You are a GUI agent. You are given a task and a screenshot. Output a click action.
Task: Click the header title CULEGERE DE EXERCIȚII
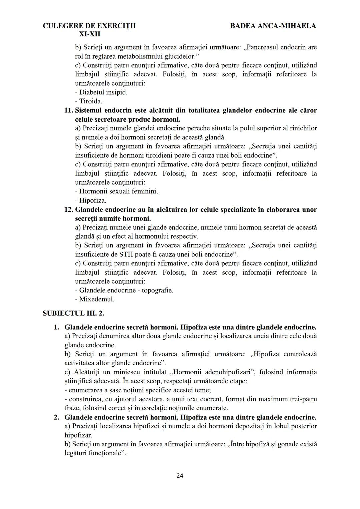coord(89,26)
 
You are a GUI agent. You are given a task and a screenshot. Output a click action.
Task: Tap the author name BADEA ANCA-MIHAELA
coord(273,26)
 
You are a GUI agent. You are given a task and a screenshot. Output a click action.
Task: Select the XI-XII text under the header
coord(89,34)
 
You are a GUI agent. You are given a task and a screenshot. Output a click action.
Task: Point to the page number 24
coord(180,476)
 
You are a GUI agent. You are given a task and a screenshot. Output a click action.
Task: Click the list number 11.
coord(69,110)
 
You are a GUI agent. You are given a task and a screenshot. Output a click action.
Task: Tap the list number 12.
coord(69,210)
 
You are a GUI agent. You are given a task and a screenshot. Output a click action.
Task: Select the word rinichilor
coord(302,128)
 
